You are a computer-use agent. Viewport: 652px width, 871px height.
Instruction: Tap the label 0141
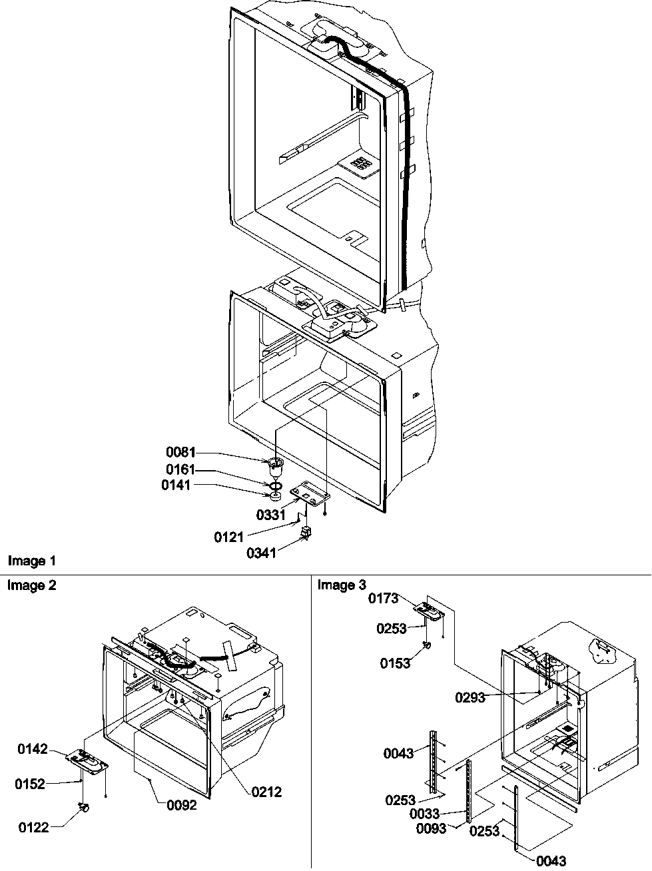click(x=175, y=485)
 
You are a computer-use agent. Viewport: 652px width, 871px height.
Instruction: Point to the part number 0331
click(x=271, y=515)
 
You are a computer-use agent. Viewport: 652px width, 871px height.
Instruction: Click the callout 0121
click(x=228, y=537)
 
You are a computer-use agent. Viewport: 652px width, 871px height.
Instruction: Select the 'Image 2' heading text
click(x=31, y=585)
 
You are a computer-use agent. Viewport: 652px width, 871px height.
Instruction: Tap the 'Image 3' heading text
click(x=342, y=585)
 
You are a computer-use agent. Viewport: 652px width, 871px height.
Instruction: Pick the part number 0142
click(x=33, y=750)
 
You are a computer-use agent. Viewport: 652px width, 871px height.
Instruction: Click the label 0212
click(x=267, y=792)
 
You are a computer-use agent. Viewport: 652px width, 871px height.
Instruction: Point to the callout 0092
click(x=182, y=805)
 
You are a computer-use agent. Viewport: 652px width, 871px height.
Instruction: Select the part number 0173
click(x=384, y=599)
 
